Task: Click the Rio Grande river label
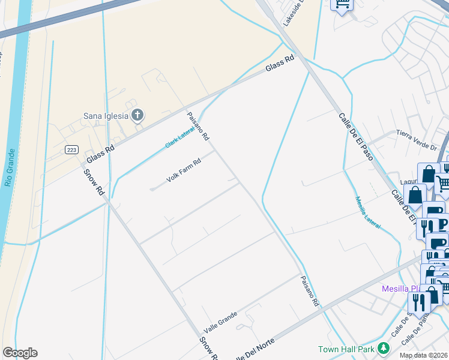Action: (9, 167)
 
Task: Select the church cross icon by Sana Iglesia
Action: (137, 115)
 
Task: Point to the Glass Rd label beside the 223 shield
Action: (100, 151)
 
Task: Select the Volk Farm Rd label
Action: (184, 172)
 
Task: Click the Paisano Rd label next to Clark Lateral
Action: (197, 127)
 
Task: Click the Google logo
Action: (20, 353)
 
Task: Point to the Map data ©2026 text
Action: (423, 355)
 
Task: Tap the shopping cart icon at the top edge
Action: (342, 5)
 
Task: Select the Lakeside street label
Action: (295, 12)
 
